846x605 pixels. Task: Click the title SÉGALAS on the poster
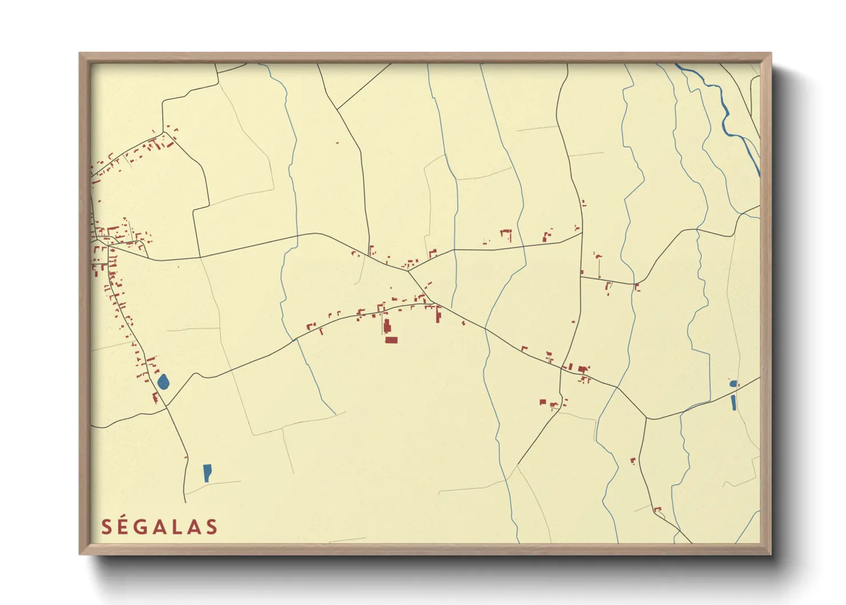coord(159,527)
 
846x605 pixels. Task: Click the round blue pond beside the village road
coord(163,381)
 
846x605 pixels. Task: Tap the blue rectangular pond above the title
coord(207,472)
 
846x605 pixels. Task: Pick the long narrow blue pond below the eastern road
coord(733,403)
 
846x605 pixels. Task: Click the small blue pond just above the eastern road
coord(733,383)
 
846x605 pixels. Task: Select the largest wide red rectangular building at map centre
coord(391,340)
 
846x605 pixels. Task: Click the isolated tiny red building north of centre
coord(337,142)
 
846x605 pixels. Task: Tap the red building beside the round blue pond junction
coord(154,397)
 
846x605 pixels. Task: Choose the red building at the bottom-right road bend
coord(657,510)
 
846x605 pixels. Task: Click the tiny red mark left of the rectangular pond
coord(186,457)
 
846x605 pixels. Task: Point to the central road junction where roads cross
coord(408,271)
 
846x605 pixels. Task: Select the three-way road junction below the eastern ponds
coord(647,419)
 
